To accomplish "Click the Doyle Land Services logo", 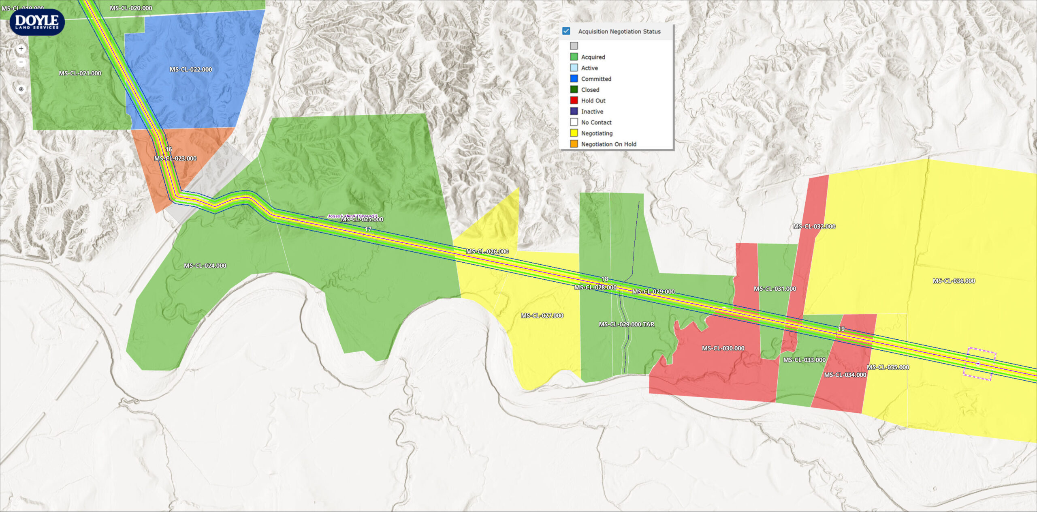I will point(37,22).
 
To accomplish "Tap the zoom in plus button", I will point(21,49).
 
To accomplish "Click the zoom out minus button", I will point(21,62).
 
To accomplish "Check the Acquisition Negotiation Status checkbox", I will point(566,31).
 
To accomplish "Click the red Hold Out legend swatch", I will point(574,100).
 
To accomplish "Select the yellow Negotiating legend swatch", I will point(574,133).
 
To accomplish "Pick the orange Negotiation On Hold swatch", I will point(574,144).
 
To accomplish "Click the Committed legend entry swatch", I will point(574,79).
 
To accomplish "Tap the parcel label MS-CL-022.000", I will point(191,70).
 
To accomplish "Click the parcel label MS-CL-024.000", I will point(205,266).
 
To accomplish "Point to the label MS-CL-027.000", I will point(542,316).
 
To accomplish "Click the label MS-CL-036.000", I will point(954,281).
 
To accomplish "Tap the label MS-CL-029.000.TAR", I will point(626,325).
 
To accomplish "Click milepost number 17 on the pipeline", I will point(368,229).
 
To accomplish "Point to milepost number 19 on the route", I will point(841,329).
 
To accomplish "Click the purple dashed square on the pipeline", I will point(979,364).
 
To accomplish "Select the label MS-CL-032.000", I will point(814,227).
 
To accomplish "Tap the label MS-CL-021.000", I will point(80,73).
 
